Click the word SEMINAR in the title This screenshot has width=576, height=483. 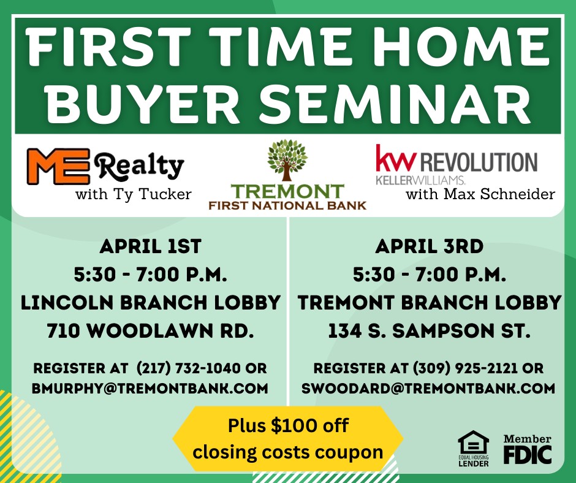395,104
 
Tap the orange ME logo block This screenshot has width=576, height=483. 58,166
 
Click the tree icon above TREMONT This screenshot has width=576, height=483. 287,160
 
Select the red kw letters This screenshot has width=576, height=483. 396,159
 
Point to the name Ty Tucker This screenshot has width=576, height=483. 153,194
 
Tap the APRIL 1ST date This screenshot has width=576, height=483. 151,246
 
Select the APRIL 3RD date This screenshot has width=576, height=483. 430,246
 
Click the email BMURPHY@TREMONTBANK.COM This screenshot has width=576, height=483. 150,389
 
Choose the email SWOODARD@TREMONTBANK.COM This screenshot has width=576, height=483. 428,389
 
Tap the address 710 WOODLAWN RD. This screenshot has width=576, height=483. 150,331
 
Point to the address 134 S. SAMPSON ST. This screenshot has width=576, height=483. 429,331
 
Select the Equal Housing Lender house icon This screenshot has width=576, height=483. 474,442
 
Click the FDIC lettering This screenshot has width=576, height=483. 528,455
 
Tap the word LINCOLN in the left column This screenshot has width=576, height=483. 67,303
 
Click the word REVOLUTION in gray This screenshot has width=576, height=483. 479,162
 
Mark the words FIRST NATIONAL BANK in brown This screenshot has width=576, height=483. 287,205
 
